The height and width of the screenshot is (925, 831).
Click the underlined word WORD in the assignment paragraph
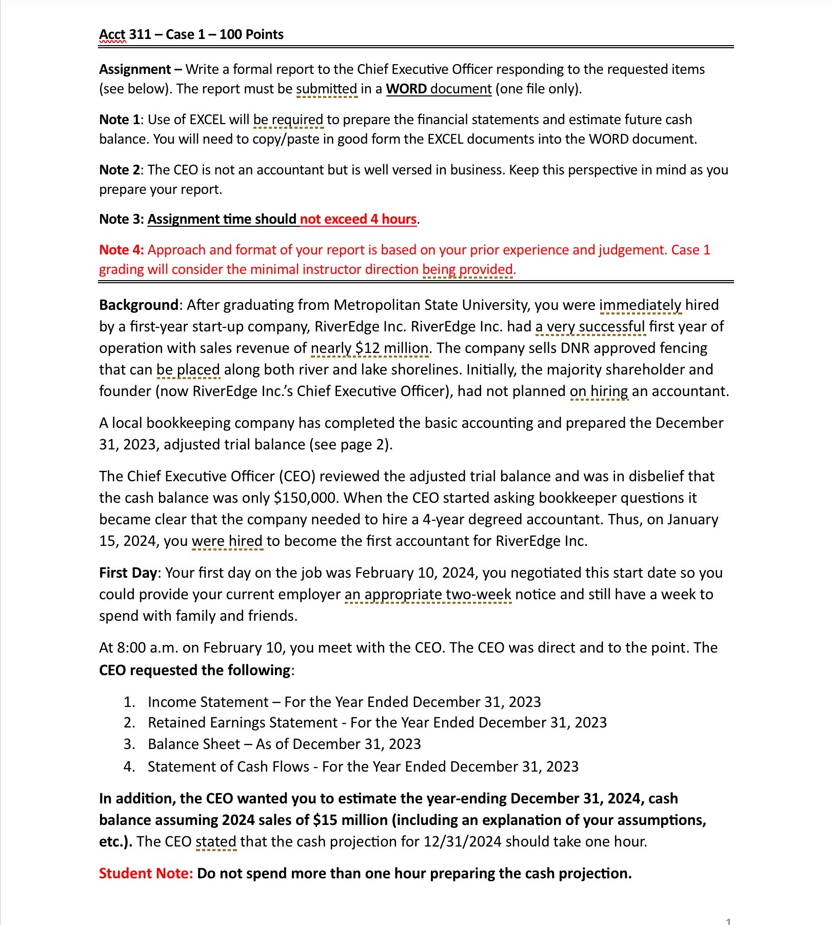click(x=406, y=89)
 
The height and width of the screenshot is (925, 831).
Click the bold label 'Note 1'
click(x=119, y=120)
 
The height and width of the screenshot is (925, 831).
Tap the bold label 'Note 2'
click(x=119, y=170)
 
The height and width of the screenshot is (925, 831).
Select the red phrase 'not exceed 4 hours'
click(x=358, y=219)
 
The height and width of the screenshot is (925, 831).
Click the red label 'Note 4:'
click(x=122, y=250)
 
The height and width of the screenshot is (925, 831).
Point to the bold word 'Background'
click(x=138, y=305)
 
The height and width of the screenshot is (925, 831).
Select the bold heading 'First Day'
click(x=128, y=573)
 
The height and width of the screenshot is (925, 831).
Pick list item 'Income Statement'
click(x=208, y=702)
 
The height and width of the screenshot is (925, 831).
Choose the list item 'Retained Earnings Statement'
click(x=242, y=722)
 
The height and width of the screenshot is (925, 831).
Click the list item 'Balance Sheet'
click(x=194, y=744)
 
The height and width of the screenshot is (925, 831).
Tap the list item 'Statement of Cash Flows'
click(x=228, y=766)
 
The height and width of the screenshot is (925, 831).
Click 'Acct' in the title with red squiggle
click(x=112, y=34)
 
